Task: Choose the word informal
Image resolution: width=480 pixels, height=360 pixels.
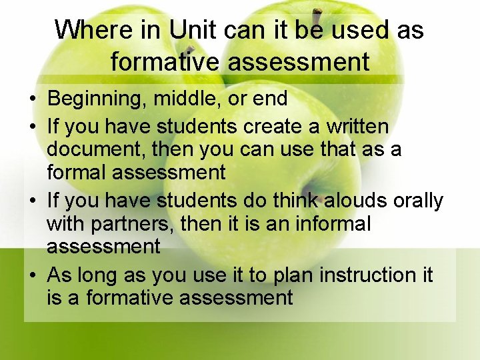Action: click(x=331, y=224)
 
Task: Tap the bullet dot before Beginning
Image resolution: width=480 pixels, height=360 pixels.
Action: click(x=32, y=100)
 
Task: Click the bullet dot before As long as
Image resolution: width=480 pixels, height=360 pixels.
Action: click(x=32, y=275)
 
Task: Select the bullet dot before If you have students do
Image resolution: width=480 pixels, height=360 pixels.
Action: click(x=32, y=201)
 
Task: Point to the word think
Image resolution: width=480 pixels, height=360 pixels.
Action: click(x=285, y=200)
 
